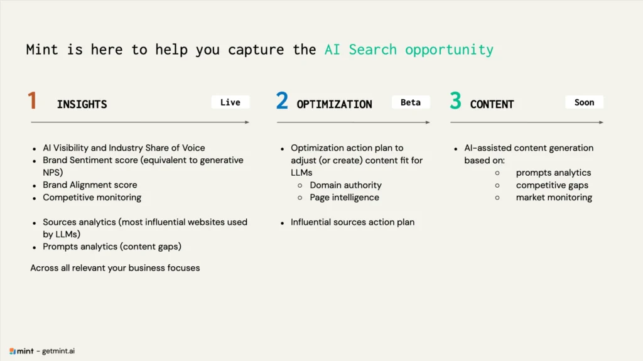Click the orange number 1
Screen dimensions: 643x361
(33, 100)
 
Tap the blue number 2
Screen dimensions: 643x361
(282, 100)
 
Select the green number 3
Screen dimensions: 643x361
(456, 100)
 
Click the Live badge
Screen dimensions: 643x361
(230, 102)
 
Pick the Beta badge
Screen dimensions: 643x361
(411, 102)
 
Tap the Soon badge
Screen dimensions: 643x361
(585, 102)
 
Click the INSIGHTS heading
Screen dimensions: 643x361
(82, 105)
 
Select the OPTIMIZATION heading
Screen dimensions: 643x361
(335, 105)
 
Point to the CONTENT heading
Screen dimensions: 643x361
(492, 105)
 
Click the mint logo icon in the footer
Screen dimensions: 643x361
(13, 351)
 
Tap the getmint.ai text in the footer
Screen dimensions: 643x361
(58, 351)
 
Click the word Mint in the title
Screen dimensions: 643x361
(42, 50)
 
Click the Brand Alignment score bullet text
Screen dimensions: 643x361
(90, 185)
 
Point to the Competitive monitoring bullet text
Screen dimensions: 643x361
(92, 198)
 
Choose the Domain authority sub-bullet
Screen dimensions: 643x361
(346, 185)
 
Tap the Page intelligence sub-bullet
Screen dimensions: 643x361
(345, 198)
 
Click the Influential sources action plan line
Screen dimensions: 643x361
(353, 222)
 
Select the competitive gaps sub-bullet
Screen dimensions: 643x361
(552, 185)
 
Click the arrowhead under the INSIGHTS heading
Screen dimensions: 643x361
(247, 122)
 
